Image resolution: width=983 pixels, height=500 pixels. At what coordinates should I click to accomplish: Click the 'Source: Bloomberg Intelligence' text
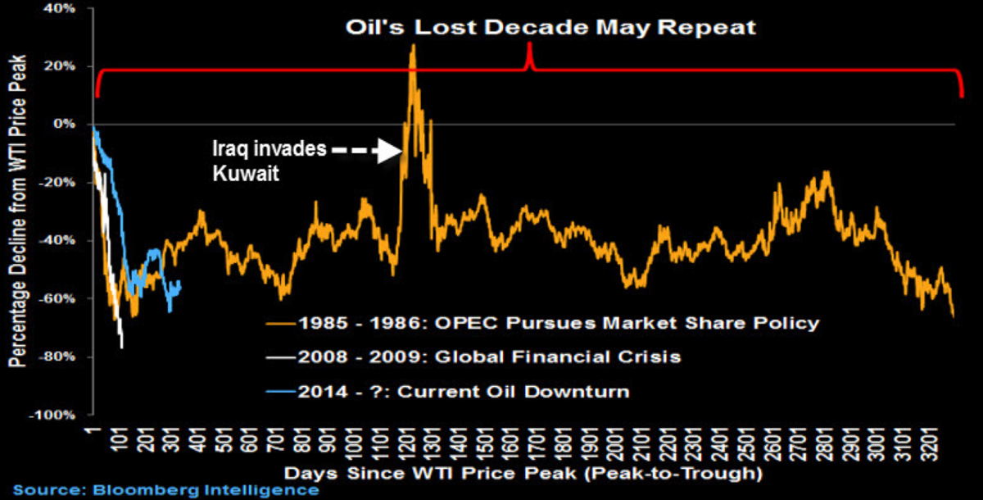[165, 490]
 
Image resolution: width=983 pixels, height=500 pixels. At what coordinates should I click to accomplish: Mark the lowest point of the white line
[122, 348]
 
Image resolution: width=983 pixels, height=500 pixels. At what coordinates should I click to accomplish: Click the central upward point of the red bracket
[529, 45]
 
